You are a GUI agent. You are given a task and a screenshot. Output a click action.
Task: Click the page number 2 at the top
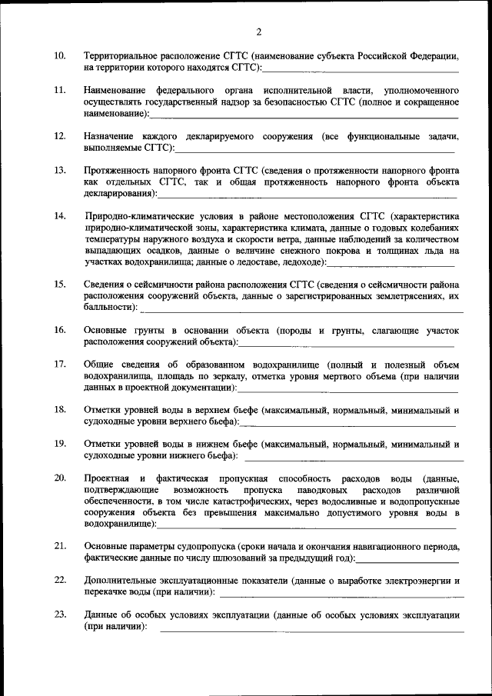coord(258,32)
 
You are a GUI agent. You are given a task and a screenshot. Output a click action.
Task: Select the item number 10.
coord(59,57)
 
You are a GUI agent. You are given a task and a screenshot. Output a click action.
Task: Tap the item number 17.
coord(59,364)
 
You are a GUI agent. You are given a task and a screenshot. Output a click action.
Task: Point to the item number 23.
coord(59,615)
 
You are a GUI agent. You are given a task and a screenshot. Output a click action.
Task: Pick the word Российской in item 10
coord(389,57)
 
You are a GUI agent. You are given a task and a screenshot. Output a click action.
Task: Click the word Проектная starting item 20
coord(107,478)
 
